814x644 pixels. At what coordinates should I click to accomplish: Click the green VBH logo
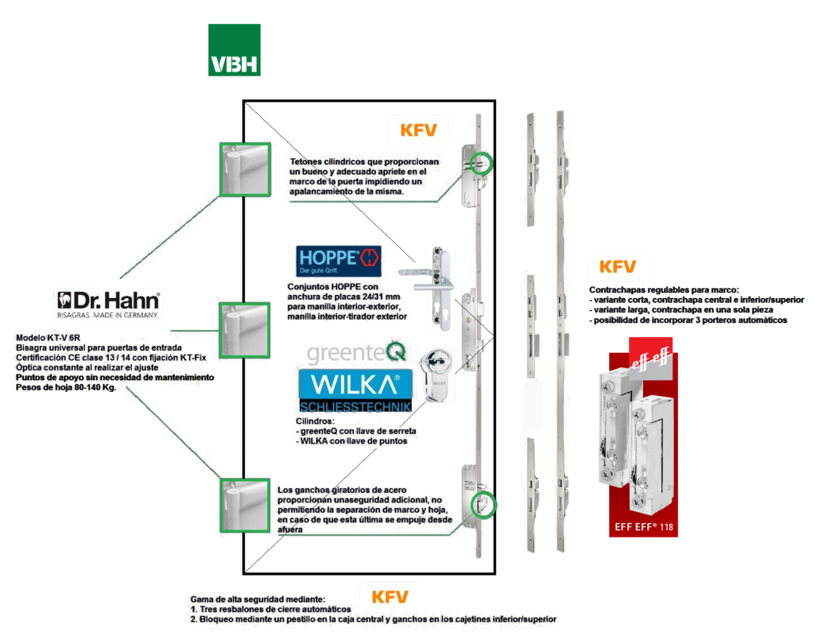[x=234, y=50]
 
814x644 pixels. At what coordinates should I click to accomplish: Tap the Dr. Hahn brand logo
[x=109, y=303]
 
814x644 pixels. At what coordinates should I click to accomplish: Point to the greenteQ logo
[x=357, y=351]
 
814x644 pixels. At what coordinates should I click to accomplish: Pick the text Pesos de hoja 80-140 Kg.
[x=65, y=386]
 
